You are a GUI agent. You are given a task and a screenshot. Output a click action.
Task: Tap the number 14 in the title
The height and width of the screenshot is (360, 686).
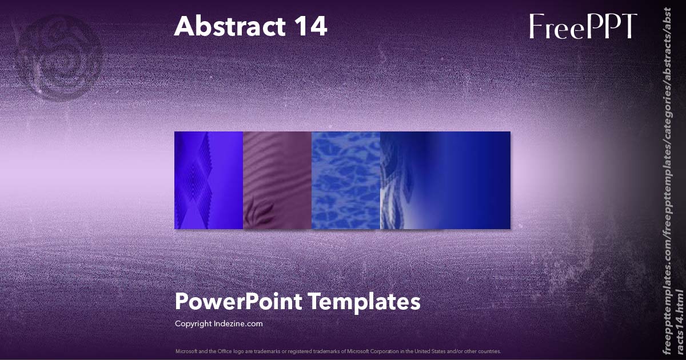click(x=308, y=27)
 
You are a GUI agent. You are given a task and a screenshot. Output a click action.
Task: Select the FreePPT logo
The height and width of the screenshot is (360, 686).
click(x=583, y=27)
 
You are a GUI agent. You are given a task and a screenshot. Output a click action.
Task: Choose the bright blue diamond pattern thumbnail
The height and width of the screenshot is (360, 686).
click(x=209, y=180)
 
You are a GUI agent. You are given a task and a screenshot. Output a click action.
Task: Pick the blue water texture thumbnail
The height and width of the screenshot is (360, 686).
click(x=346, y=180)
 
